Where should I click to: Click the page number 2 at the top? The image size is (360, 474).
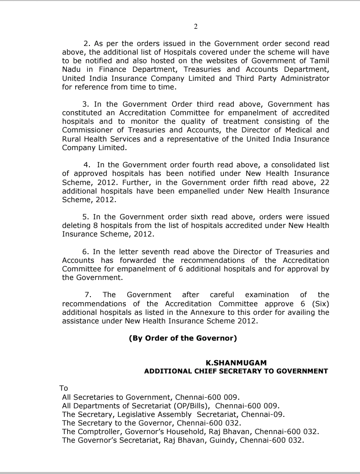point(195,26)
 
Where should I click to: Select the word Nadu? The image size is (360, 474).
point(71,69)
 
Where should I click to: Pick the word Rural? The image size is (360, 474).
point(72,139)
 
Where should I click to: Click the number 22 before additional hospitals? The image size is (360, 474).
point(323,182)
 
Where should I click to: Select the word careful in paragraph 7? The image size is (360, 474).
point(219,295)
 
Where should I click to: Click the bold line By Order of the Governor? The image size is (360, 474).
point(183,338)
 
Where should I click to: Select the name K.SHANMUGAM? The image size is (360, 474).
point(236,362)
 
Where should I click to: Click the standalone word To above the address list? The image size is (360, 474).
point(64,388)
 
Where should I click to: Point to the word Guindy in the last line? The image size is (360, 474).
point(221,440)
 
